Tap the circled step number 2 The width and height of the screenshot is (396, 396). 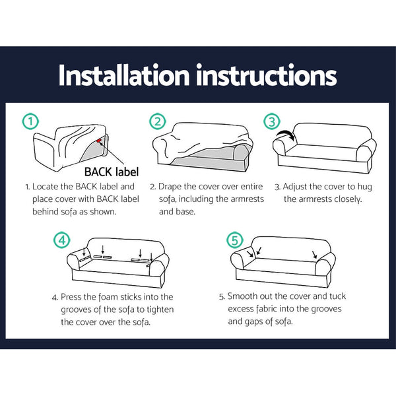156,121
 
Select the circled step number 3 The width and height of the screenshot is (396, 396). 272,121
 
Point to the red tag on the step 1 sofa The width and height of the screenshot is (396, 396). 99,140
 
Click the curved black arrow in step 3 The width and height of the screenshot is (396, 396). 286,135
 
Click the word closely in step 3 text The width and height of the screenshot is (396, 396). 346,199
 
